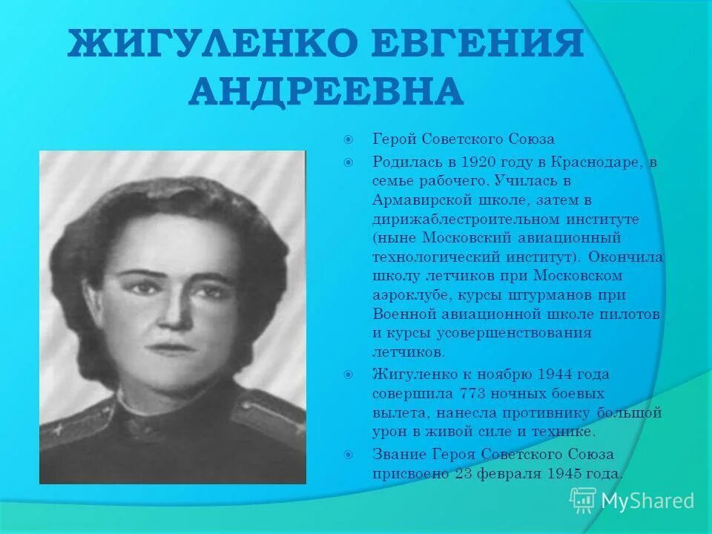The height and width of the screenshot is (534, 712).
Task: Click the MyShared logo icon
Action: tap(583, 501)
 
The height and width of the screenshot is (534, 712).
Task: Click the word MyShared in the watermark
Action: tap(647, 501)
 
